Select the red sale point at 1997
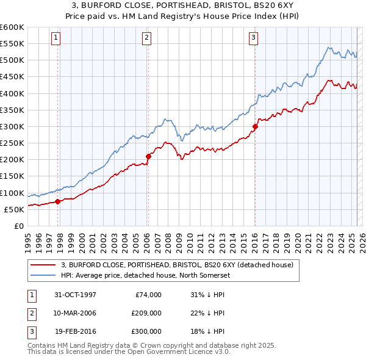[58, 201]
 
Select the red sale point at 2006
[148, 157]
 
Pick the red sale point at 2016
[254, 127]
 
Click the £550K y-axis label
[12, 44]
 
